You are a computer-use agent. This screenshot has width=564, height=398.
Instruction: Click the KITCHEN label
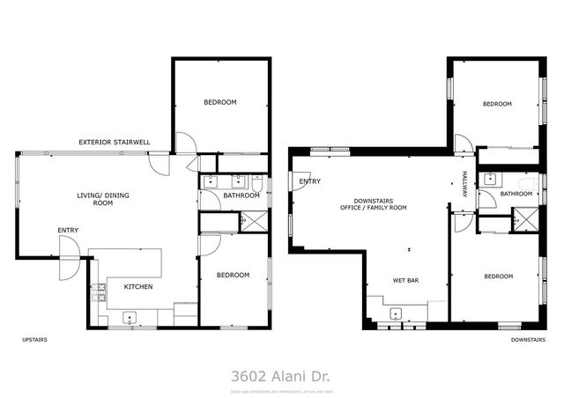tap(138, 287)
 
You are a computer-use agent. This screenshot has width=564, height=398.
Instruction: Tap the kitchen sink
tap(130, 318)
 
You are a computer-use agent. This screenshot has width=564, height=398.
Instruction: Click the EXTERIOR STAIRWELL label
tap(114, 141)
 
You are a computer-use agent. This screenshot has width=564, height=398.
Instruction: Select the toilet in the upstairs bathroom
tap(256, 183)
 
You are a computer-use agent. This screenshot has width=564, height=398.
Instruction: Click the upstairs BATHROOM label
tap(241, 195)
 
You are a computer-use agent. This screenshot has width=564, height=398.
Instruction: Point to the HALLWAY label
tap(464, 182)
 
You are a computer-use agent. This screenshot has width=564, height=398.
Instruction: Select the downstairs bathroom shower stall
tap(527, 218)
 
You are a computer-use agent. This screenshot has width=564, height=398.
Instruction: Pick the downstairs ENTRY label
tap(309, 181)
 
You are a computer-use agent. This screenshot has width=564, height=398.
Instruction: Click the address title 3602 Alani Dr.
tap(281, 375)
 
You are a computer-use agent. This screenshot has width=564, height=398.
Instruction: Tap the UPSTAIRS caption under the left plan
tap(34, 339)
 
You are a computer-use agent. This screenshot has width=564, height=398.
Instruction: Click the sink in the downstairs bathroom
tap(490, 180)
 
